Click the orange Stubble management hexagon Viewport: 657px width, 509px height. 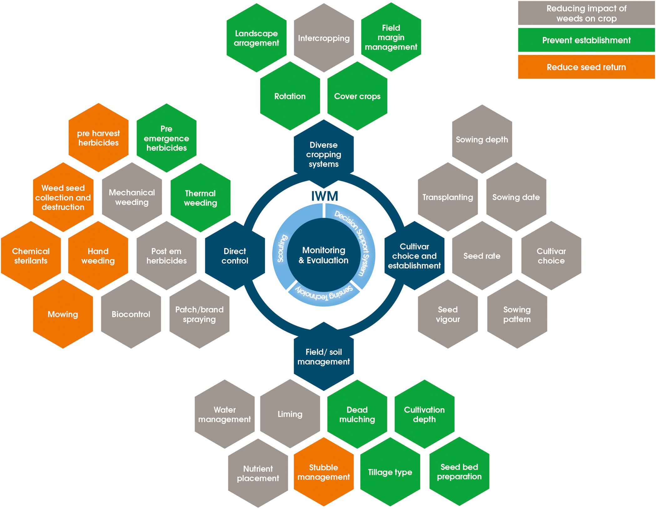[323, 472]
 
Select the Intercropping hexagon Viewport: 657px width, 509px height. [324, 38]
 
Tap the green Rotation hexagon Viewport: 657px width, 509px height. [290, 96]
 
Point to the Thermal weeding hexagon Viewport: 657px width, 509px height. [201, 198]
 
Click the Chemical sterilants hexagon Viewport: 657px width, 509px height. [31, 256]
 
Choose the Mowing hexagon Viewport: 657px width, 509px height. [63, 314]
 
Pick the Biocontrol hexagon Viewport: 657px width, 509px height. [131, 314]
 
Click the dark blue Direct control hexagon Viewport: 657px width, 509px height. [235, 256]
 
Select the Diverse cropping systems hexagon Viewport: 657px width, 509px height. [324, 154]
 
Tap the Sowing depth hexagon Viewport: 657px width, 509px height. [482, 139]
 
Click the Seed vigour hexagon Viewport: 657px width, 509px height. [448, 314]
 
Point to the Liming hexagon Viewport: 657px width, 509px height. [290, 414]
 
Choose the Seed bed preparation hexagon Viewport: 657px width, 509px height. [459, 472]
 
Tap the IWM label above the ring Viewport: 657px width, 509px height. [324, 196]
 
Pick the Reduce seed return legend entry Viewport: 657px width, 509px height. [586, 67]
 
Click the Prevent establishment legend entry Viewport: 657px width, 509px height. [586, 40]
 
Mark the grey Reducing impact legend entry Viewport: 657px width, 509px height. [586, 13]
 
